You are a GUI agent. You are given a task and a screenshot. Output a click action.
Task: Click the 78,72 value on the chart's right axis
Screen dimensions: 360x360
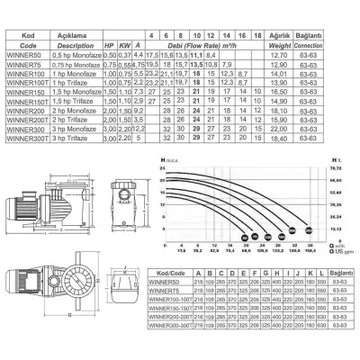point(337,167)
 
